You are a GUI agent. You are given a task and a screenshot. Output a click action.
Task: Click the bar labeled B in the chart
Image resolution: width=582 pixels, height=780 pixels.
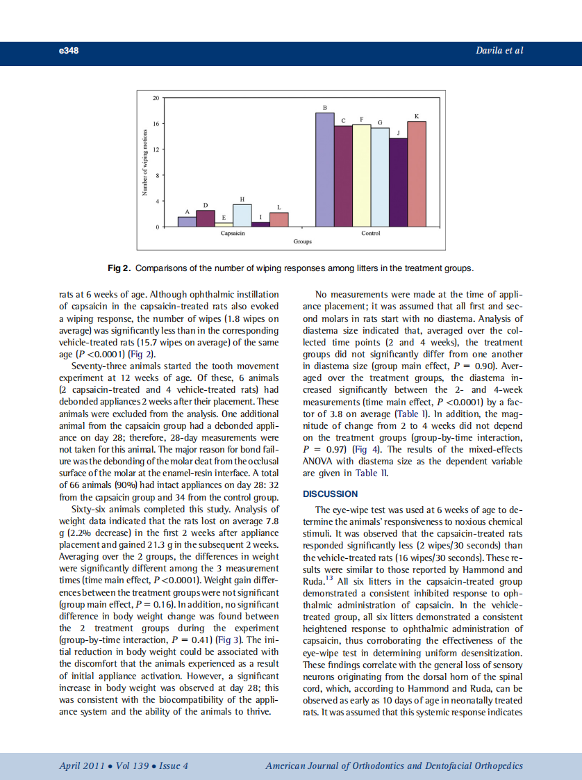[x=325, y=170]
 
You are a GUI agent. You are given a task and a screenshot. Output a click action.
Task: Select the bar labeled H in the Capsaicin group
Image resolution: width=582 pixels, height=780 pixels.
[x=242, y=216]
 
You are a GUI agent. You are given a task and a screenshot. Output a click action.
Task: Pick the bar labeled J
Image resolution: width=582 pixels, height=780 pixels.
[x=398, y=182]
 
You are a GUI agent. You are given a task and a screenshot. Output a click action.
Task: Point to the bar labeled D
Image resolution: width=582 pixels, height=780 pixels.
[x=206, y=218]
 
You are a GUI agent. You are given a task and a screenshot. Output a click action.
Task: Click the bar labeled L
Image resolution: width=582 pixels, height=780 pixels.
[x=278, y=220]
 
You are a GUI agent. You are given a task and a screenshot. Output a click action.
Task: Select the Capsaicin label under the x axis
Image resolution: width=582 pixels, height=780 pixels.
[x=233, y=233]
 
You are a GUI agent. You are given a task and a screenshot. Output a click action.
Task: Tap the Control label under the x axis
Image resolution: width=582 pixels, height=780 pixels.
[x=371, y=233]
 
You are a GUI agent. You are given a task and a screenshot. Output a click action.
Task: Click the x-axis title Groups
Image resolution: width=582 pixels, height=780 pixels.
[x=302, y=242]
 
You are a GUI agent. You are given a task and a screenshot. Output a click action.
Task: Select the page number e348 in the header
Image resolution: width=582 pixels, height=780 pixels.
[x=69, y=50]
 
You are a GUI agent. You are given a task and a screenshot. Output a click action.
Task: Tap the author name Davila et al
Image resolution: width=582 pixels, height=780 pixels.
[x=499, y=50]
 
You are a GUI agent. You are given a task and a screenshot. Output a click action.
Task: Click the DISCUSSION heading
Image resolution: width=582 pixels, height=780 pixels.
[x=331, y=494]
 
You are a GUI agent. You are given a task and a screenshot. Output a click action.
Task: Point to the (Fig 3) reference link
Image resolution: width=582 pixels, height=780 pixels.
[x=232, y=640]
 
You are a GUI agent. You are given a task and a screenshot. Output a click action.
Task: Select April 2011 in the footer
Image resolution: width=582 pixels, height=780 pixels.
[x=82, y=766]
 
